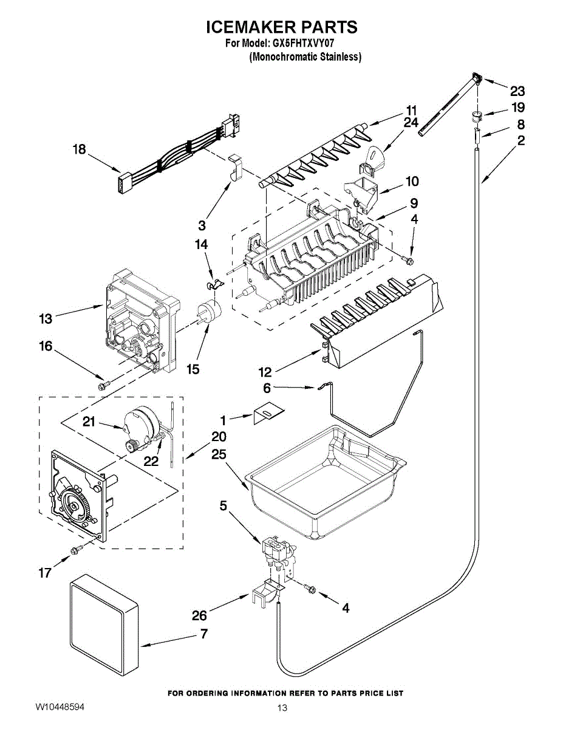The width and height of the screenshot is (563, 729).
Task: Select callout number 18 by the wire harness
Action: [80, 149]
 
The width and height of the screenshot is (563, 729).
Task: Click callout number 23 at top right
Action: [517, 91]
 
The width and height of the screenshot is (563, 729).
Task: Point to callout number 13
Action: [46, 319]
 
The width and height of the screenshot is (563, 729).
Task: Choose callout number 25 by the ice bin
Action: [219, 454]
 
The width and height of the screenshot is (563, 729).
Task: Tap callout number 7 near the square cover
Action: [204, 634]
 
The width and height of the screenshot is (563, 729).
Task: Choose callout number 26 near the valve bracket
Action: [199, 615]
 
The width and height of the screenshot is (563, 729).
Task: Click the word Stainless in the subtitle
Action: [340, 57]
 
